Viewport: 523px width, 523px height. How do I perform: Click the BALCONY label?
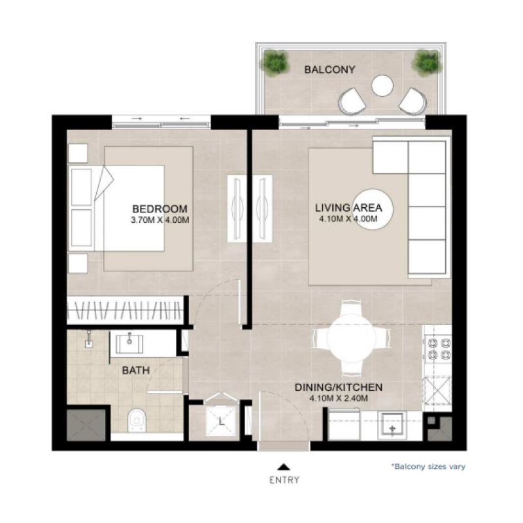329,70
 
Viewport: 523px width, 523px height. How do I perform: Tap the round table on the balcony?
382,86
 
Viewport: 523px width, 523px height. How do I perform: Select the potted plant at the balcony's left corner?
275,63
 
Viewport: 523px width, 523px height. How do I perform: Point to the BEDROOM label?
160,209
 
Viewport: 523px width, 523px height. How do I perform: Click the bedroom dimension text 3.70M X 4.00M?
160,220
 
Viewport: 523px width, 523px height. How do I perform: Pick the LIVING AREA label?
348,208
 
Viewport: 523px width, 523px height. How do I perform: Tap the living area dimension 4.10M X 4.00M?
348,219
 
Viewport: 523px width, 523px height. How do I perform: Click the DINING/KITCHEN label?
339,387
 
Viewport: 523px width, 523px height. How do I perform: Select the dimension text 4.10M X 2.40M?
339,398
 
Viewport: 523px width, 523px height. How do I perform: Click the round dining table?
350,337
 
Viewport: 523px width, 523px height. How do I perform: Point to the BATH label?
136,370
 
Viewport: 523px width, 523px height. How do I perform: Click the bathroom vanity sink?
129,344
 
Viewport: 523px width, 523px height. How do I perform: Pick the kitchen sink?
392,426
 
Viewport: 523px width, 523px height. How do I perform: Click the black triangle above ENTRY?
284,467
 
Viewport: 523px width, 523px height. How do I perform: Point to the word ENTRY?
284,480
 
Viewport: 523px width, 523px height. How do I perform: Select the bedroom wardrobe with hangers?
126,310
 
